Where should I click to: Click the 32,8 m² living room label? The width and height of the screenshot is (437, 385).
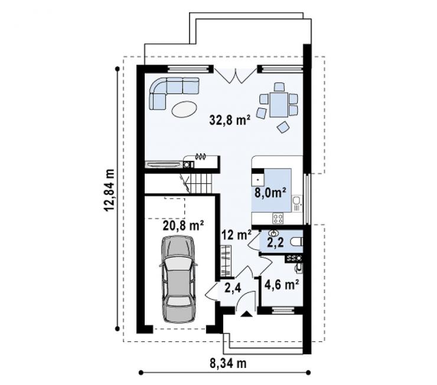[229, 120]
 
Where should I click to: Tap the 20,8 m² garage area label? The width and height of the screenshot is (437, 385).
[184, 226]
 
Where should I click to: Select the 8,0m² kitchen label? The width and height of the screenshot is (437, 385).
[270, 192]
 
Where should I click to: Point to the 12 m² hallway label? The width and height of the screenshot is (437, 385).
[237, 235]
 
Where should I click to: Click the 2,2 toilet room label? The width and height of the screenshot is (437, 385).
[275, 242]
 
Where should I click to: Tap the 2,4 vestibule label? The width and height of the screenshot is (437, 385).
[233, 288]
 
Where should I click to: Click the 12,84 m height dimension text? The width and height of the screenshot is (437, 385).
[109, 190]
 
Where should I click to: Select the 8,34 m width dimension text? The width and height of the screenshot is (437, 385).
[228, 363]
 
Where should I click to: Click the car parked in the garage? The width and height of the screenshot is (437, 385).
[178, 279]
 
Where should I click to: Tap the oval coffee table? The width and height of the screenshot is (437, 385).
[184, 109]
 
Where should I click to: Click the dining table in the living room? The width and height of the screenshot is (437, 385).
[278, 105]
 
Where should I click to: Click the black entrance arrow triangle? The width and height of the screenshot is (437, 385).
[246, 314]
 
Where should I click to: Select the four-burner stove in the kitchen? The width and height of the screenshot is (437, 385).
[278, 218]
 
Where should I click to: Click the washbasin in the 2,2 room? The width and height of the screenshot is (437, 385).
[273, 232]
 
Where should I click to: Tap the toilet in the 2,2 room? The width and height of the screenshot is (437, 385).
[296, 242]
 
